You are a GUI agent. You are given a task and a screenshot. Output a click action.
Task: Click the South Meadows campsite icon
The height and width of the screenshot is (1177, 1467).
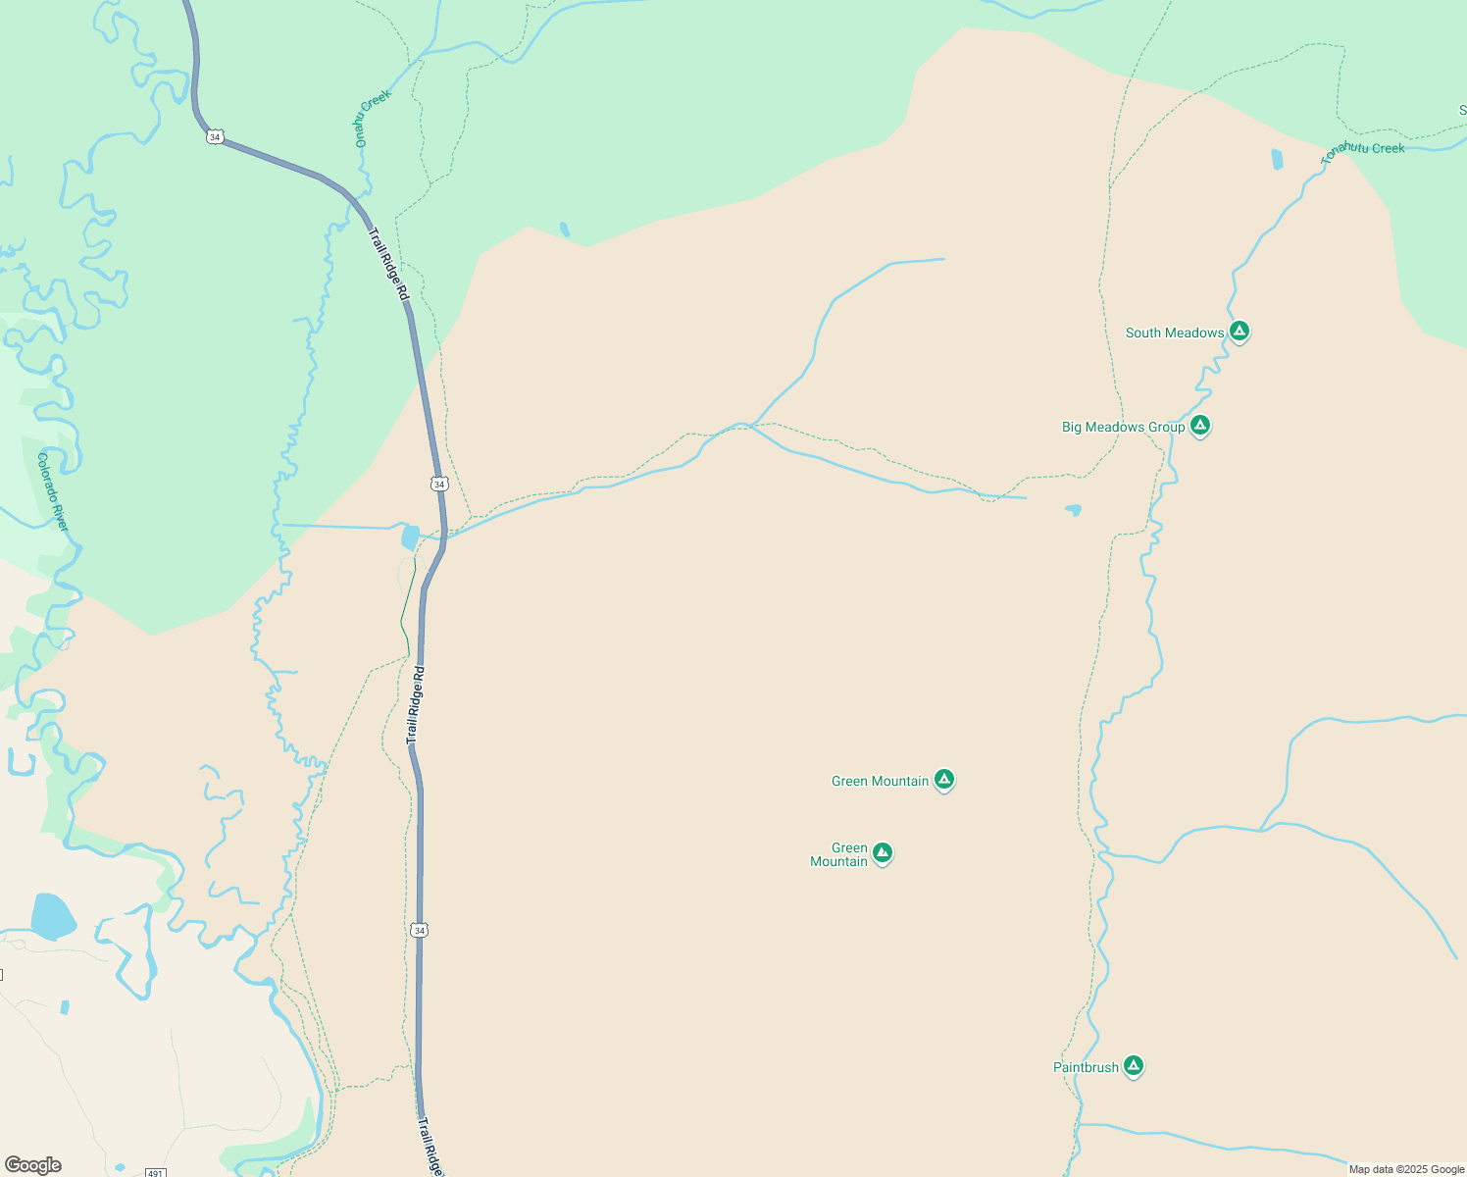[1239, 332]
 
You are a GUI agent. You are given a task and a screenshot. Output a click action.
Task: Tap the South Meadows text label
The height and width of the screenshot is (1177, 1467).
[1174, 333]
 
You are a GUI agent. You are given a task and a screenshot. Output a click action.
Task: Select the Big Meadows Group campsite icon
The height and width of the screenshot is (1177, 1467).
[1200, 426]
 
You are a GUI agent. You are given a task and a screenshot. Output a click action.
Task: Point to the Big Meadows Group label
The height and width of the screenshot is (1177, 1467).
[1123, 428]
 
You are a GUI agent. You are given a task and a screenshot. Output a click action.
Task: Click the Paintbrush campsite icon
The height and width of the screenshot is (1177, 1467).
[1134, 1065]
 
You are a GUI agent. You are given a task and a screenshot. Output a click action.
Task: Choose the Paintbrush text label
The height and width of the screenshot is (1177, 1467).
[1086, 1067]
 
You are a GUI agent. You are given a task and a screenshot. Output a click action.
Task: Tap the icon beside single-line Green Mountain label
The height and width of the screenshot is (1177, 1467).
[944, 779]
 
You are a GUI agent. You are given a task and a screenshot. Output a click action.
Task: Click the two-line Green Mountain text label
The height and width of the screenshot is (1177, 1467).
[839, 855]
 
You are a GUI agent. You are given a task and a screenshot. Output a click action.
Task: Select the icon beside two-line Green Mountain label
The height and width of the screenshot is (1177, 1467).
[883, 852]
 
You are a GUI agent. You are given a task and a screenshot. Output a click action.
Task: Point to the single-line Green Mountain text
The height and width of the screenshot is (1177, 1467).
[880, 782]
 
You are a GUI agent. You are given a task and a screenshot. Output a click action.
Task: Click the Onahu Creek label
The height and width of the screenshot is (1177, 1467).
[373, 118]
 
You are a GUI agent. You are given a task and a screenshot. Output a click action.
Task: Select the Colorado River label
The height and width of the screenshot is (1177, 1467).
[54, 491]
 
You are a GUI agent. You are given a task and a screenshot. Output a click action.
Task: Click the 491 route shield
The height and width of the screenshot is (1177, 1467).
[155, 1172]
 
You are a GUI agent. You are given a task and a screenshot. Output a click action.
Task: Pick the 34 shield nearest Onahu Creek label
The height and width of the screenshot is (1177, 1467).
[215, 136]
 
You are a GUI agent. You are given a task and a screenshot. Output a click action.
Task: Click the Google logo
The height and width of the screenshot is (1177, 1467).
[32, 1165]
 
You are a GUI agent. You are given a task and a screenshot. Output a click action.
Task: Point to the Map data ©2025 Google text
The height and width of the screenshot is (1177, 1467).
[1406, 1169]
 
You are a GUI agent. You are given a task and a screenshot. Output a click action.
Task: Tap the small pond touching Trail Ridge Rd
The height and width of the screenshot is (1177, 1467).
[410, 537]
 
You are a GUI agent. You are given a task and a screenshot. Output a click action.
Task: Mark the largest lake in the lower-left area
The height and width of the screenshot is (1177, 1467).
[53, 916]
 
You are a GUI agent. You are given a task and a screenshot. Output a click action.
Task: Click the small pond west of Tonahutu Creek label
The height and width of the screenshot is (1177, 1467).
[1277, 159]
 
